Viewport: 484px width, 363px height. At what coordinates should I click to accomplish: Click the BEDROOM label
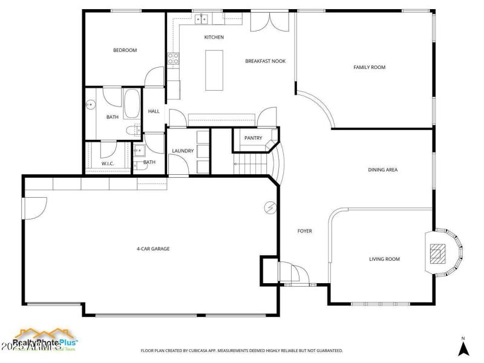click(x=125, y=50)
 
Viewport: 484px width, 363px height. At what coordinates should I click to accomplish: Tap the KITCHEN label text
click(x=214, y=38)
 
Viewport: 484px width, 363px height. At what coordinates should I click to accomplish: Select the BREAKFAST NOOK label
click(x=265, y=61)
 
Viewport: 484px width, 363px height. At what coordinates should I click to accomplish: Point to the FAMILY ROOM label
click(x=369, y=67)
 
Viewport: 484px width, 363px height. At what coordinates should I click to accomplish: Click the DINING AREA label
click(x=382, y=170)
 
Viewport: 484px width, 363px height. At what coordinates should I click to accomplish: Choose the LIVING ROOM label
click(x=385, y=260)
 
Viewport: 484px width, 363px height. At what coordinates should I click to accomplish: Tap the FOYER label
click(x=304, y=231)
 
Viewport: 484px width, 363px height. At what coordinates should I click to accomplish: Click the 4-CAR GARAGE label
click(x=152, y=249)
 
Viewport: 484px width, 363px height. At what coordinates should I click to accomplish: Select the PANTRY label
click(x=253, y=138)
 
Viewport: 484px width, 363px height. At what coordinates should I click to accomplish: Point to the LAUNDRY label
click(x=182, y=151)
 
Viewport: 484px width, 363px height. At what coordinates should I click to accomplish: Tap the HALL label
click(x=154, y=111)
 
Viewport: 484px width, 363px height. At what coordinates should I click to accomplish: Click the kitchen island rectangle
click(x=214, y=70)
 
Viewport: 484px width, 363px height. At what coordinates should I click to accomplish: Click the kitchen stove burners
click(x=174, y=59)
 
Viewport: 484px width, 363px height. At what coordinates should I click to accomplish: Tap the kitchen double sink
click(x=201, y=19)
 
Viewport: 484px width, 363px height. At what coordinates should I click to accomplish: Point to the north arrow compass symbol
click(x=463, y=348)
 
